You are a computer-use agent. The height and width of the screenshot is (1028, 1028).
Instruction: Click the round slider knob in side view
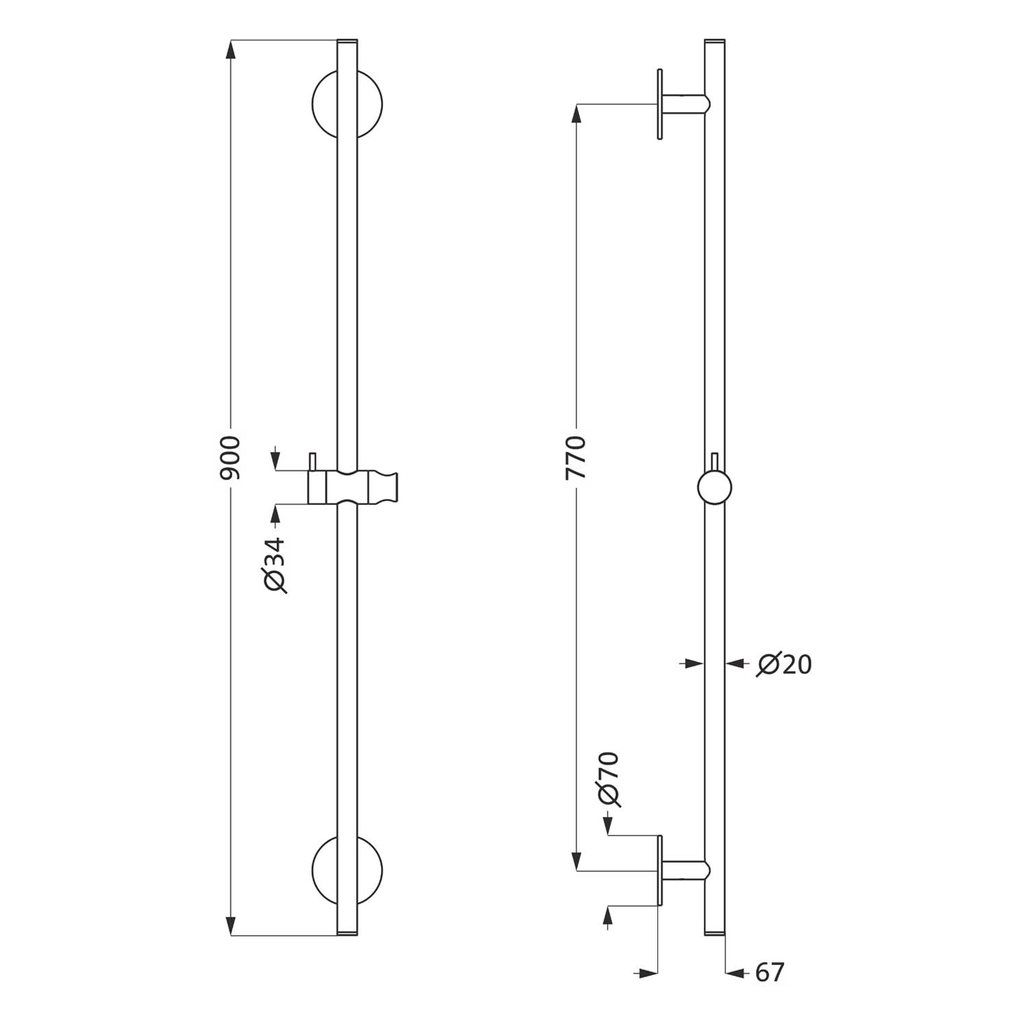715,488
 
